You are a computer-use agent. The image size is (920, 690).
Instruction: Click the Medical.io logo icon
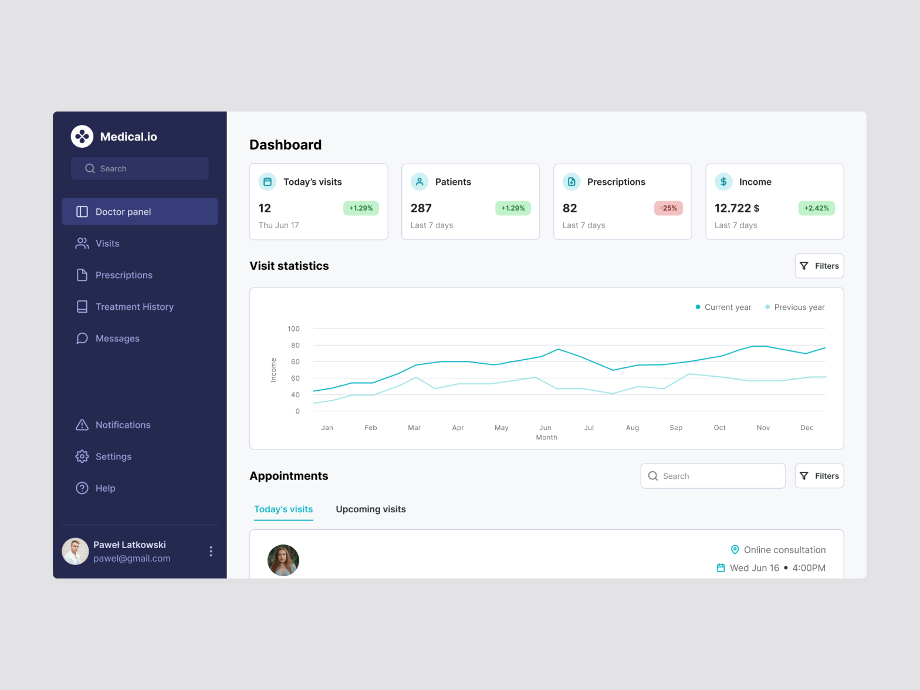(82, 136)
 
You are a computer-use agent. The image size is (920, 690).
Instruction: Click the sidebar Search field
(140, 168)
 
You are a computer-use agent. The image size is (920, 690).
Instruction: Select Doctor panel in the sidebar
(140, 212)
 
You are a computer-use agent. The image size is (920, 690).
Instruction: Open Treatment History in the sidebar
(134, 307)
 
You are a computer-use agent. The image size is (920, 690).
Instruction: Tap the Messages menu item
(117, 339)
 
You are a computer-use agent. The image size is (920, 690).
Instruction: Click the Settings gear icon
(82, 456)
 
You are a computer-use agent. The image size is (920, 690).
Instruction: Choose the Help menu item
(105, 488)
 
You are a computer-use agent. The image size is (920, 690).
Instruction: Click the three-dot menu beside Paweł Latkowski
(211, 552)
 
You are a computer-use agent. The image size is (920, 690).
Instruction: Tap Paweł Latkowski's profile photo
(76, 552)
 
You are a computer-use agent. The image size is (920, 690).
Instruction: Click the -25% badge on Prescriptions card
(668, 208)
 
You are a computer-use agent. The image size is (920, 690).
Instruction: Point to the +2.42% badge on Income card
(816, 208)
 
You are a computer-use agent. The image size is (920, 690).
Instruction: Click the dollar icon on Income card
(723, 182)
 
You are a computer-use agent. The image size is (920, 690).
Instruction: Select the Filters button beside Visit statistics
(819, 266)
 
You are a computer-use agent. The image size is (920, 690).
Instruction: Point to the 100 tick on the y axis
(293, 329)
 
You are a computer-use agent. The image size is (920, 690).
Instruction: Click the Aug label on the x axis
(632, 428)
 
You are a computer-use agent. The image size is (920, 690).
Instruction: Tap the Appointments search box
(713, 476)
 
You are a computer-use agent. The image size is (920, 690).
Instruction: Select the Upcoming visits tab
(371, 509)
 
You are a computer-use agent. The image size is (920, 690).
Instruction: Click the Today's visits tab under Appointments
(283, 509)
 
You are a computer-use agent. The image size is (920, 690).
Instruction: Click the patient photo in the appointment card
(283, 560)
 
